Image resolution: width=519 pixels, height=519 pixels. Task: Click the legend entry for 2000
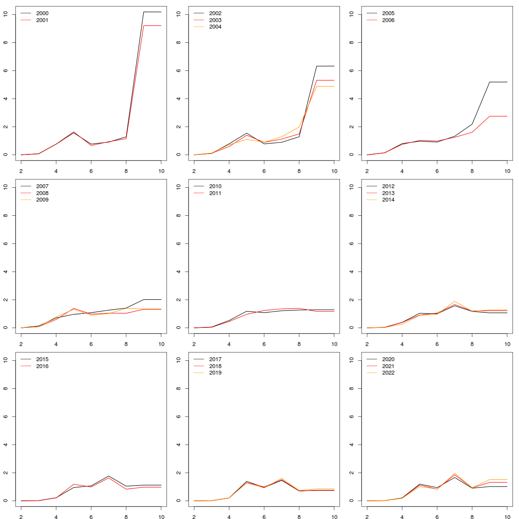coord(42,13)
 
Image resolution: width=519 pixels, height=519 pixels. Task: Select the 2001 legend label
coord(42,20)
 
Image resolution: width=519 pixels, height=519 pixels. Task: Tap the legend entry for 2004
coord(215,27)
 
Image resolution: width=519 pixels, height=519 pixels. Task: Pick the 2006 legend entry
coord(388,20)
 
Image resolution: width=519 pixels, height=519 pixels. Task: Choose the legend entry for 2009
coord(42,200)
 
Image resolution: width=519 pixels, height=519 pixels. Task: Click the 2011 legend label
coord(215,193)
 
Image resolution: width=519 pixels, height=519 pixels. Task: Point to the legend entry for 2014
coord(388,200)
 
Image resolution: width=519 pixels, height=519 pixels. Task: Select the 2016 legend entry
coord(42,366)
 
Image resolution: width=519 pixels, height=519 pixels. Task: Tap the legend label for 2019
coord(215,373)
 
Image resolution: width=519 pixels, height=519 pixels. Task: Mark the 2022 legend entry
coord(388,373)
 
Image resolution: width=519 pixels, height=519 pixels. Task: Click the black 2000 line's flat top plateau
coord(152,12)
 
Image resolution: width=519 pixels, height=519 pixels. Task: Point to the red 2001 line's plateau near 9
coord(152,26)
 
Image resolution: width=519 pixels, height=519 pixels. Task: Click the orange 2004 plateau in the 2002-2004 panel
coord(325,86)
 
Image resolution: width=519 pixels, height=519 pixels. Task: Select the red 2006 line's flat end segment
coord(498,116)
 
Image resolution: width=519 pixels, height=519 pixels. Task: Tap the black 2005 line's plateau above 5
coord(498,82)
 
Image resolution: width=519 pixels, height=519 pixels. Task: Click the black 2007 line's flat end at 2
coord(152,299)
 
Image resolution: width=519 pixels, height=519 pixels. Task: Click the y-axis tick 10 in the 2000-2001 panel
coord(5,14)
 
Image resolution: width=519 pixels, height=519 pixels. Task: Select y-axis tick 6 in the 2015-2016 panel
coord(5,416)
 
